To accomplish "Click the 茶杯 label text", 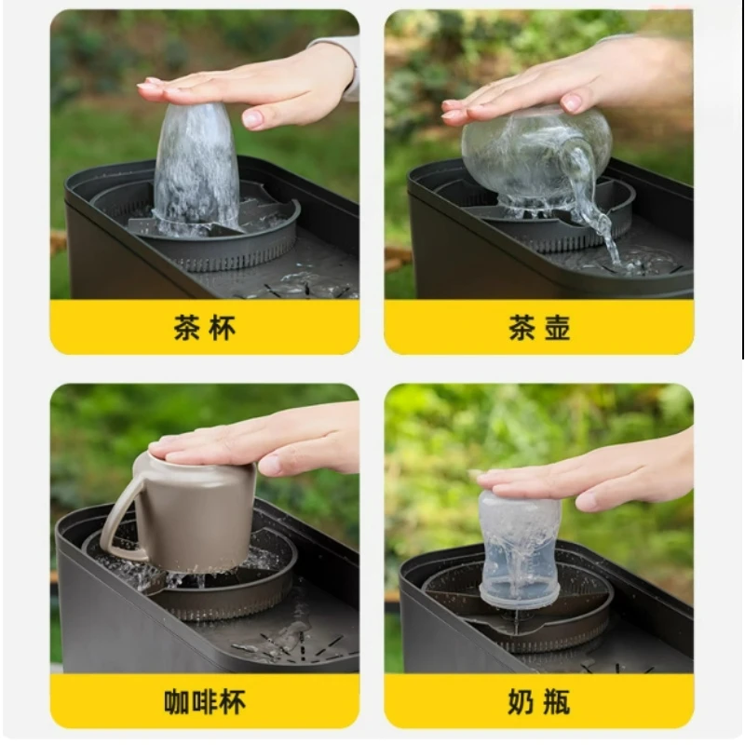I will (204, 328).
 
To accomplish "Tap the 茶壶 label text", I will (538, 328).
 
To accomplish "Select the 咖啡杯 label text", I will (204, 701).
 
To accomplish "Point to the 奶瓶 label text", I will (538, 701).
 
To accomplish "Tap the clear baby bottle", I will (519, 549).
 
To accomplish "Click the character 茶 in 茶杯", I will (186, 328).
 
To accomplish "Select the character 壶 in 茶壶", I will (557, 328).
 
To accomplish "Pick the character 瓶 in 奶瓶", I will (557, 701).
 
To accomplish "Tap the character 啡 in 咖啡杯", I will (204, 701).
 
